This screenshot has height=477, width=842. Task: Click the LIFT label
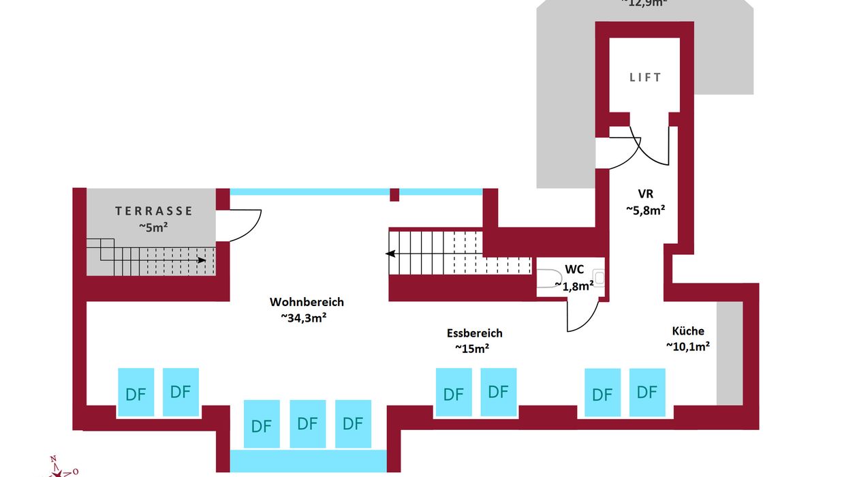point(644,78)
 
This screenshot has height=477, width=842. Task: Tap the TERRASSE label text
point(154,211)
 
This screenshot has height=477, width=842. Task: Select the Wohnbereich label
point(307,302)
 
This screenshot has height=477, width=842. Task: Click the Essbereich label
point(475,333)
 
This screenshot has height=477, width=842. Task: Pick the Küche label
point(688,331)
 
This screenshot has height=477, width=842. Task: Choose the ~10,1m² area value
point(688,346)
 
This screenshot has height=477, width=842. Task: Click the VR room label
point(646,194)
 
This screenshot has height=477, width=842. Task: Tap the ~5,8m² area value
point(646,210)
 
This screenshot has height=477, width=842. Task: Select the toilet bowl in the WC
point(549,279)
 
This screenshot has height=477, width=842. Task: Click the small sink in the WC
point(599,278)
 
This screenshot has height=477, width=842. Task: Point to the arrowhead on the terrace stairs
point(202,260)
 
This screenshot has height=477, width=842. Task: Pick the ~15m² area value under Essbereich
point(472,348)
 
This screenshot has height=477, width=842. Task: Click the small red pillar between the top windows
point(394,195)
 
